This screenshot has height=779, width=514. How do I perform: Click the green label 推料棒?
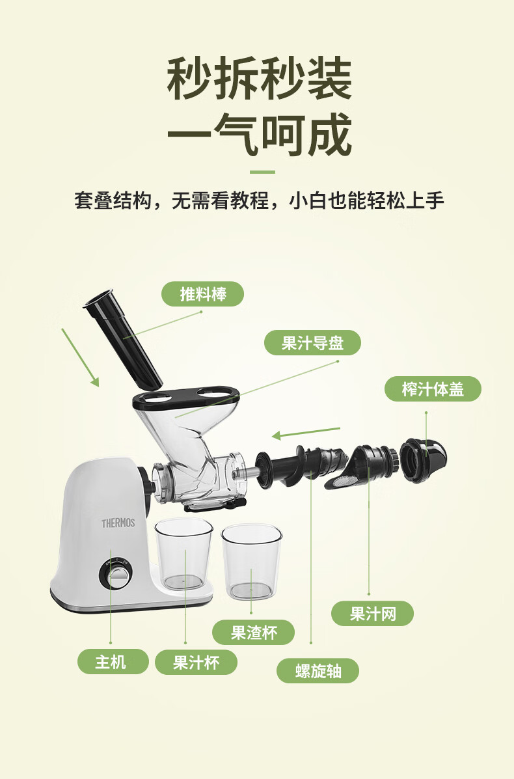[202, 294]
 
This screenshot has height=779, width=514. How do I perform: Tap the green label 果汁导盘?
[312, 343]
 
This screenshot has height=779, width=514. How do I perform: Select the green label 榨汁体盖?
[433, 389]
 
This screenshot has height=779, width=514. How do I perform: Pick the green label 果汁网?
[372, 614]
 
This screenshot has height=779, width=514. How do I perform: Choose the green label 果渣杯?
[253, 633]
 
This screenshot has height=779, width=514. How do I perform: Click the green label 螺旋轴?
[318, 671]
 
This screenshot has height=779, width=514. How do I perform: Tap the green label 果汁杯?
[196, 663]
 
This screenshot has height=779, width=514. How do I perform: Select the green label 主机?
[113, 662]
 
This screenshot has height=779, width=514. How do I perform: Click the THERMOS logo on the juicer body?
[118, 523]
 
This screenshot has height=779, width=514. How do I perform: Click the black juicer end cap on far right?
[423, 460]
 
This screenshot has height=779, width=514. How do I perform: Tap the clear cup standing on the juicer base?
[183, 554]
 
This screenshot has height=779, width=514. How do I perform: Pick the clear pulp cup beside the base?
[251, 562]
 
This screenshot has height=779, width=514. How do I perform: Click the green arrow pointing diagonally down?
[80, 357]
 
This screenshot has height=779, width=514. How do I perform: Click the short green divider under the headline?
[262, 172]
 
